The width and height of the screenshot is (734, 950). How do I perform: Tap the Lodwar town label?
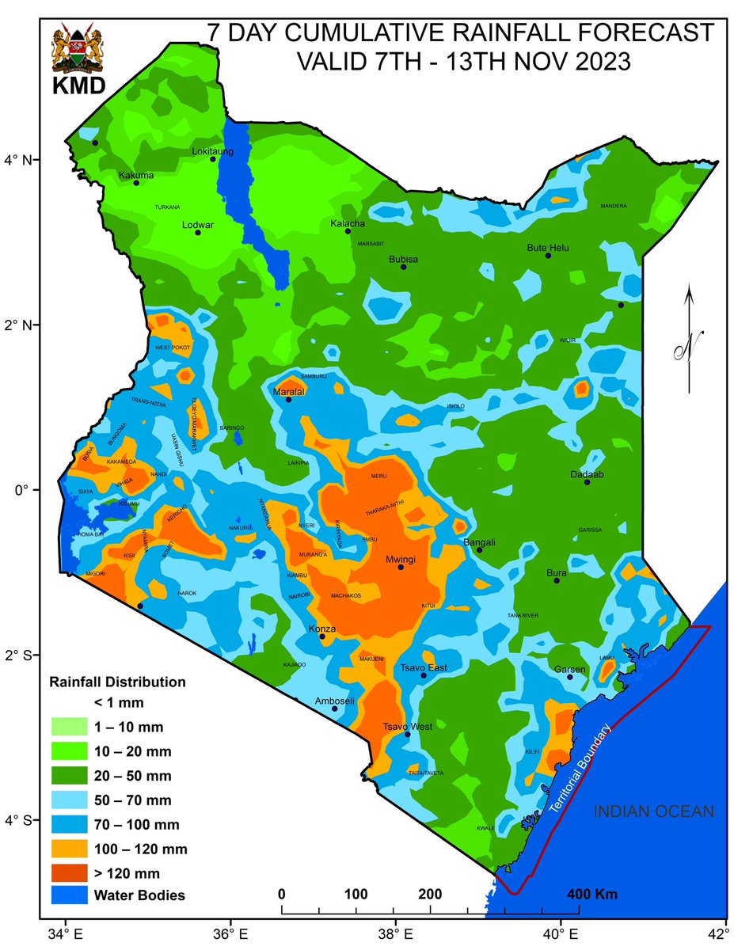pos(198,224)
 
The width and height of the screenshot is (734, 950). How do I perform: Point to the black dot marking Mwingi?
pos(401,567)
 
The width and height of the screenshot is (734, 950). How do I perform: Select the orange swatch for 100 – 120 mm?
pos(70,849)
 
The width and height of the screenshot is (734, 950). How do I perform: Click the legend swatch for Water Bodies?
pos(70,895)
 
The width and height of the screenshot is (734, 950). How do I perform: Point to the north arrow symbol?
pos(690,340)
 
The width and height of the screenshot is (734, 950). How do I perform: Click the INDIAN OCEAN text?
pos(654,811)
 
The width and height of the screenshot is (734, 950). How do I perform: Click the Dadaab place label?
pos(587,475)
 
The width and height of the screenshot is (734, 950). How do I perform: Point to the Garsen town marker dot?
pos(569,677)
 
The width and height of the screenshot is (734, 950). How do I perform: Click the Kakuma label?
pos(136,176)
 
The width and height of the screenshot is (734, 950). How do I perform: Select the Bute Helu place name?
pos(548,248)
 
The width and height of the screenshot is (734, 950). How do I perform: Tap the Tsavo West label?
pos(403,727)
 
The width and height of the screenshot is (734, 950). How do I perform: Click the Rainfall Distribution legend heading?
pos(117,681)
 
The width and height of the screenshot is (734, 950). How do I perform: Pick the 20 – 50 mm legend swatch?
pos(70,775)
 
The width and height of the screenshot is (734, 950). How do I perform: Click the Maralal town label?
pos(288,392)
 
